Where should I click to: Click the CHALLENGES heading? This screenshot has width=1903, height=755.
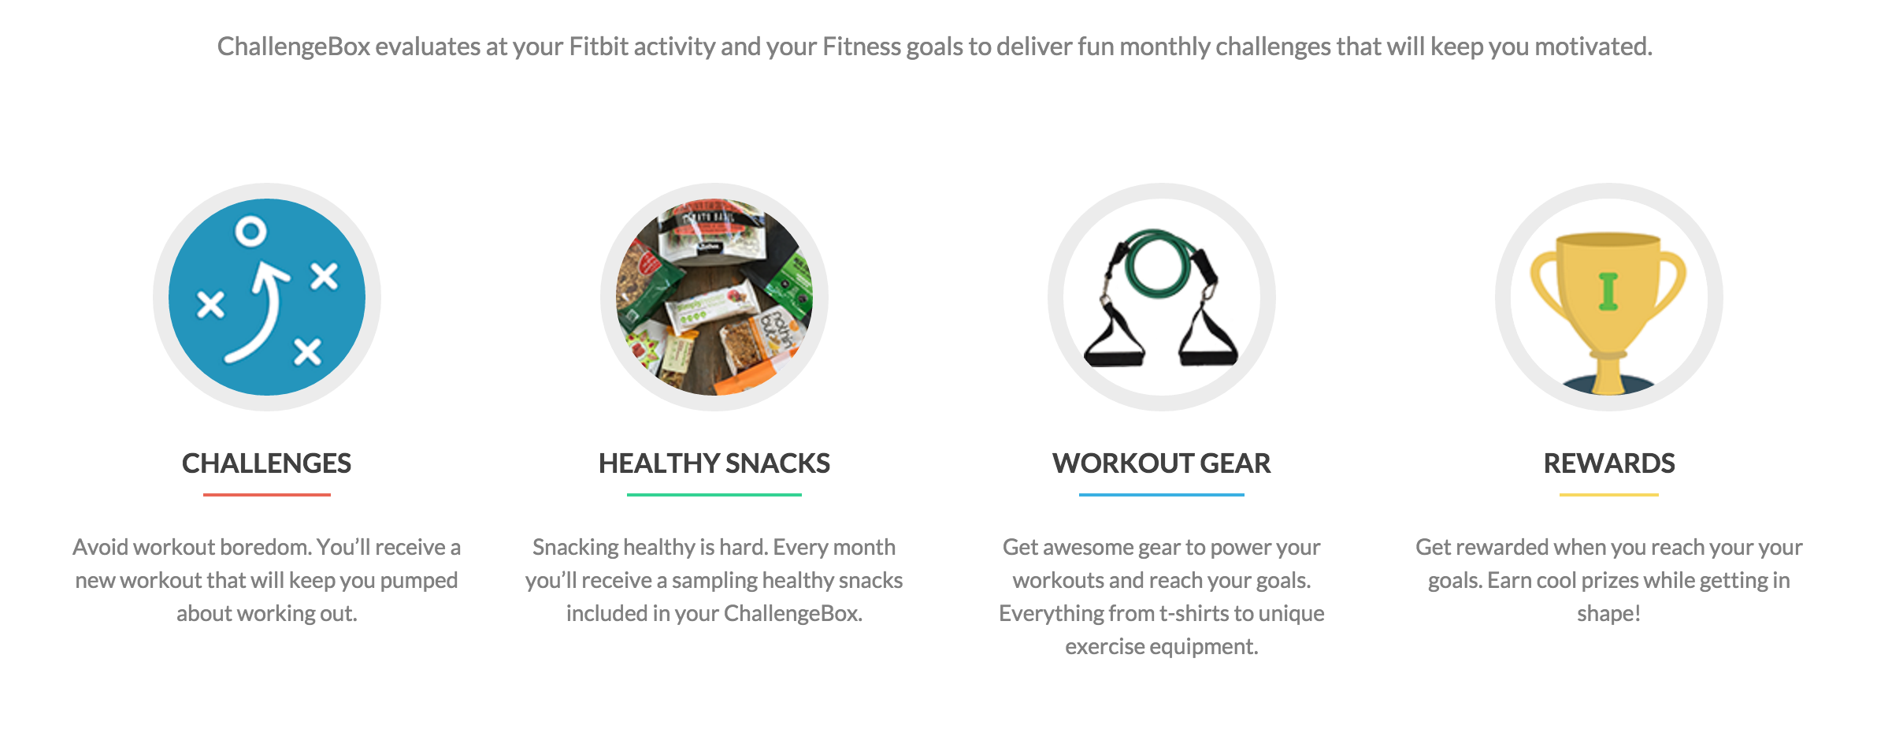[x=266, y=463]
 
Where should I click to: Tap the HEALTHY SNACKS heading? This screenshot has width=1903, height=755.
[x=714, y=463]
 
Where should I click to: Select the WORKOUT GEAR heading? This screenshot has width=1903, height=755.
[x=1161, y=463]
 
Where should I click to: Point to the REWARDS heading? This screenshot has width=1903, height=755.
[x=1608, y=463]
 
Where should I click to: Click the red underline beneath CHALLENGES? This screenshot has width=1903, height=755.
[x=266, y=495]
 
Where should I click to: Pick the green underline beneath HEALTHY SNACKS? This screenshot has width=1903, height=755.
[x=714, y=495]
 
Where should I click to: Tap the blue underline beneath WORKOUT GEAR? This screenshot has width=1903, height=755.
[x=1161, y=495]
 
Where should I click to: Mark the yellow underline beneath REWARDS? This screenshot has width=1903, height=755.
[x=1608, y=495]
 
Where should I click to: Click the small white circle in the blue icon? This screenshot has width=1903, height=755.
[x=251, y=231]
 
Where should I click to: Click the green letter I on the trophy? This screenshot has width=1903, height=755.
[x=1608, y=291]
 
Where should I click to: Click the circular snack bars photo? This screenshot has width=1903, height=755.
[x=714, y=297]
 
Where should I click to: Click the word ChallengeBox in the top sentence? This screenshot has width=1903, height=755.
[x=293, y=46]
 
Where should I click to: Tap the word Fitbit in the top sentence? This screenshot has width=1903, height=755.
[x=598, y=46]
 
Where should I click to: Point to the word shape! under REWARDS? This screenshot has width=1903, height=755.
[x=1608, y=613]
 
